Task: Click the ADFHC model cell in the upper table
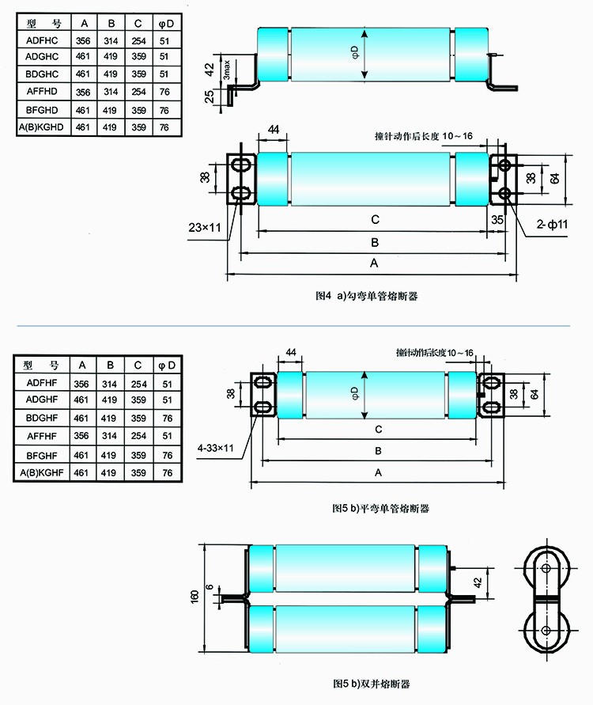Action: click(42, 39)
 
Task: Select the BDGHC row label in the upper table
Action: click(42, 74)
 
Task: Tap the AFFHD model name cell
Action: click(42, 91)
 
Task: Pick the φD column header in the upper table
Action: click(164, 21)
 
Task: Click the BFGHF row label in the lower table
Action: click(42, 455)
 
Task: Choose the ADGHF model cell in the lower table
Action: click(42, 400)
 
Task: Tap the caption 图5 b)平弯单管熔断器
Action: click(380, 509)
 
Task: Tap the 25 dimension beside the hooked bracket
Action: click(209, 97)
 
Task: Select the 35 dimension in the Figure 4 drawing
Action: click(496, 219)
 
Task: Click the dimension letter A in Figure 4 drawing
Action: click(372, 262)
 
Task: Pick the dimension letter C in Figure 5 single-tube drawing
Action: click(379, 430)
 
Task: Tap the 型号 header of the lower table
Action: click(42, 365)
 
